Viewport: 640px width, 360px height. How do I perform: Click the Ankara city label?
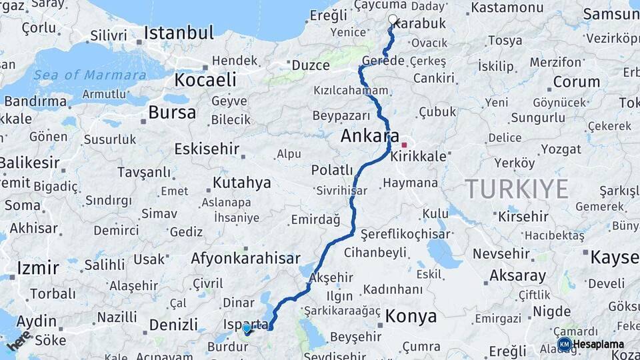[x=369, y=135]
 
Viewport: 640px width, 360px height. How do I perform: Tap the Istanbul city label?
[x=179, y=33]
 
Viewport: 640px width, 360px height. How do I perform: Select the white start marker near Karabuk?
[x=393, y=20]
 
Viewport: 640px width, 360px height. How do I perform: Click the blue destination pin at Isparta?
[x=247, y=328]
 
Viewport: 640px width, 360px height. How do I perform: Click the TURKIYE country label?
[x=517, y=189]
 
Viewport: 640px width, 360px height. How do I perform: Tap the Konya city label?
[x=412, y=315]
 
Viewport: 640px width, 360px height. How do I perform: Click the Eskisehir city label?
[x=207, y=148]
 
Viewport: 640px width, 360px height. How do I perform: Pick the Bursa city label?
[x=172, y=112]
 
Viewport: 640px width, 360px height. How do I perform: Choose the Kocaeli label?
[x=205, y=80]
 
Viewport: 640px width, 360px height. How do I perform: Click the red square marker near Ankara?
[x=404, y=145]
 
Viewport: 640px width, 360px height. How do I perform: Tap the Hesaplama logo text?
[x=599, y=345]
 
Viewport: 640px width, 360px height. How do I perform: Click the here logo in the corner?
[x=18, y=341]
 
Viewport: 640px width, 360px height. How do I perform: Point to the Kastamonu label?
[x=507, y=8]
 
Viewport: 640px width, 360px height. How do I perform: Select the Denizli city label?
[x=173, y=325]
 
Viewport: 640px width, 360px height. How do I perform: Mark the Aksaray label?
[x=517, y=275]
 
